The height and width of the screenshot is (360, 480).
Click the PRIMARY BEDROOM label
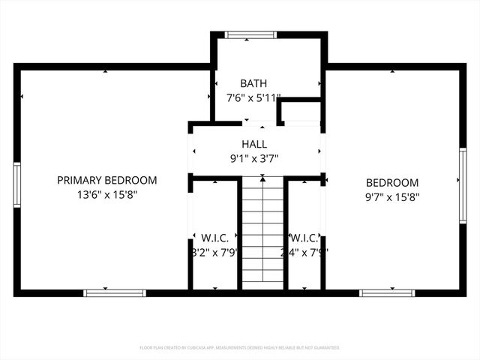coord(107,180)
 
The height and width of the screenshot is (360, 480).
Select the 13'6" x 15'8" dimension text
coord(107,194)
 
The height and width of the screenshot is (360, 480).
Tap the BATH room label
coord(253,83)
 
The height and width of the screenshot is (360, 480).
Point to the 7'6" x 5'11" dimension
coord(253,97)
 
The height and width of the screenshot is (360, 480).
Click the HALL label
coord(253,144)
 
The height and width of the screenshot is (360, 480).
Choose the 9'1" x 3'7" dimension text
coord(253,158)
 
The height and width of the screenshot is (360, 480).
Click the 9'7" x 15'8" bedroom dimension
coord(392,197)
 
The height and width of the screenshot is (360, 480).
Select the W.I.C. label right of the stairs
coord(306,238)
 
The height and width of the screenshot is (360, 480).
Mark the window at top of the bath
coord(250,34)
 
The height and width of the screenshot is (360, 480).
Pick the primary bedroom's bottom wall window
coord(103,292)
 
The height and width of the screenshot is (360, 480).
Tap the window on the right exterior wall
coord(463,185)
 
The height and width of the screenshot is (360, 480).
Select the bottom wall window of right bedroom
coord(386,292)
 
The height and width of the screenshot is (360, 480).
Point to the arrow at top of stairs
coord(262,179)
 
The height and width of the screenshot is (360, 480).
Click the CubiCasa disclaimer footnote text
coord(240,348)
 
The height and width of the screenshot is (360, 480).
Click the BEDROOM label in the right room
coord(392,183)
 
